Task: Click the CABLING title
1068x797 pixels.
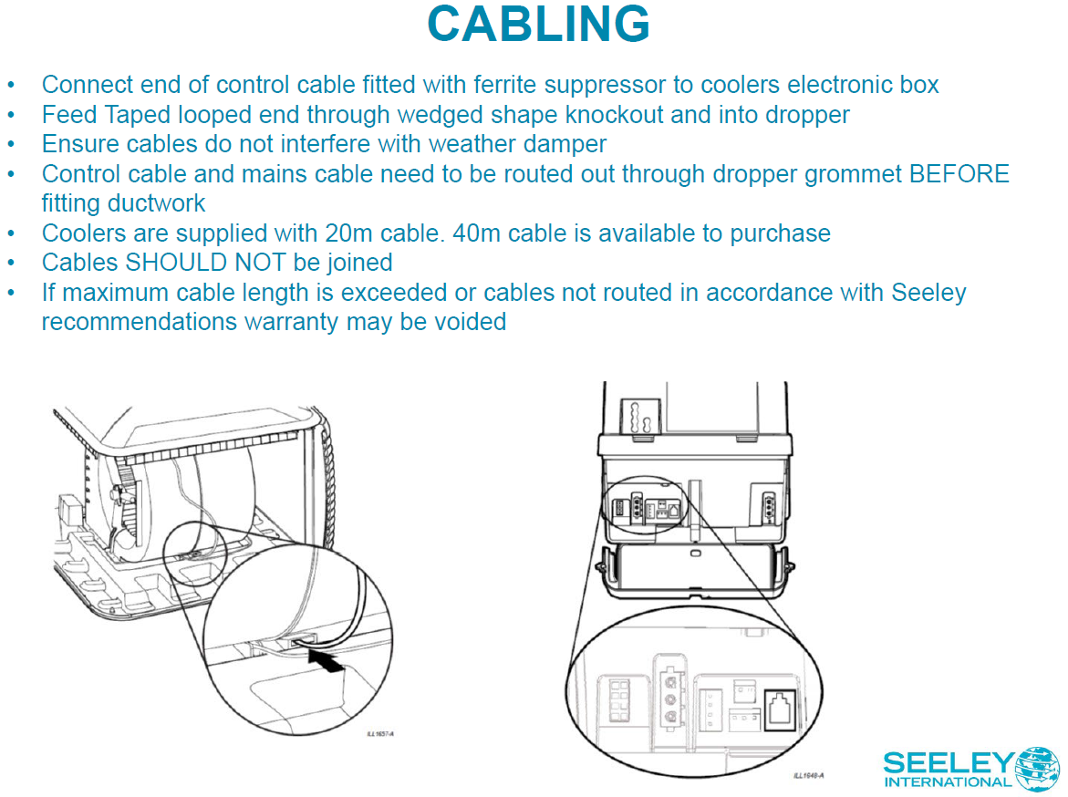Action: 538,25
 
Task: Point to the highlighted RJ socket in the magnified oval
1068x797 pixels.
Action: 782,706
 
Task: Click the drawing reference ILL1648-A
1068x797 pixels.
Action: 808,776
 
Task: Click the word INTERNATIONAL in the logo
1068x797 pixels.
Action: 948,781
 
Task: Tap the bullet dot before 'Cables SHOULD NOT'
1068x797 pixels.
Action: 11,263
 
